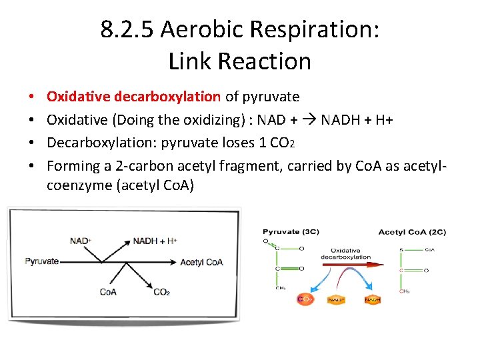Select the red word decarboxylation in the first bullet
(x=167, y=97)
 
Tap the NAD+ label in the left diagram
(x=81, y=240)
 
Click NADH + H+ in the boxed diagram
(x=155, y=240)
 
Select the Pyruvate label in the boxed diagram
(x=41, y=261)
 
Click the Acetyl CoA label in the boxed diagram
(x=201, y=262)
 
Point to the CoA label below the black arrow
(x=109, y=291)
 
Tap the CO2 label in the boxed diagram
(x=161, y=291)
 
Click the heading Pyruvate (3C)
(x=291, y=231)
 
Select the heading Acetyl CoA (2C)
(x=412, y=231)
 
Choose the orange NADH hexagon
(x=372, y=300)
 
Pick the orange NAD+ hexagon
(x=336, y=300)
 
